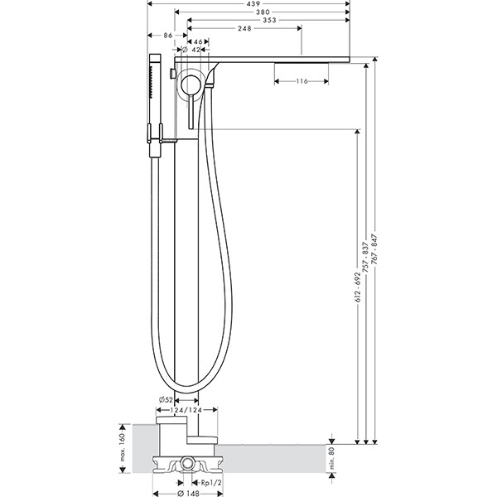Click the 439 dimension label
pyautogui.click(x=253, y=4)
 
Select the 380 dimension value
pyautogui.click(x=263, y=12)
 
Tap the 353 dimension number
pyautogui.click(x=269, y=20)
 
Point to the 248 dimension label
pyautogui.click(x=244, y=28)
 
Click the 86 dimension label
pyautogui.click(x=168, y=36)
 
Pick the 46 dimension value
pyautogui.click(x=198, y=42)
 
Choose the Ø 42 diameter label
pyautogui.click(x=191, y=50)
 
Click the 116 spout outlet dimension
pyautogui.click(x=302, y=81)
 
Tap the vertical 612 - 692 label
pyautogui.click(x=358, y=287)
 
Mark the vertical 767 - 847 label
pyautogui.click(x=374, y=249)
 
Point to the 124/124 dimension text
pyautogui.click(x=186, y=410)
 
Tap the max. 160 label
pyautogui.click(x=123, y=448)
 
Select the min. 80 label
pyautogui.click(x=332, y=458)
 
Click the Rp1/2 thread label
pyautogui.click(x=211, y=483)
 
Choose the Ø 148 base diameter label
pyautogui.click(x=188, y=493)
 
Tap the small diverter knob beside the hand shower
pyautogui.click(x=173, y=73)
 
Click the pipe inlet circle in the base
pyautogui.click(x=188, y=465)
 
